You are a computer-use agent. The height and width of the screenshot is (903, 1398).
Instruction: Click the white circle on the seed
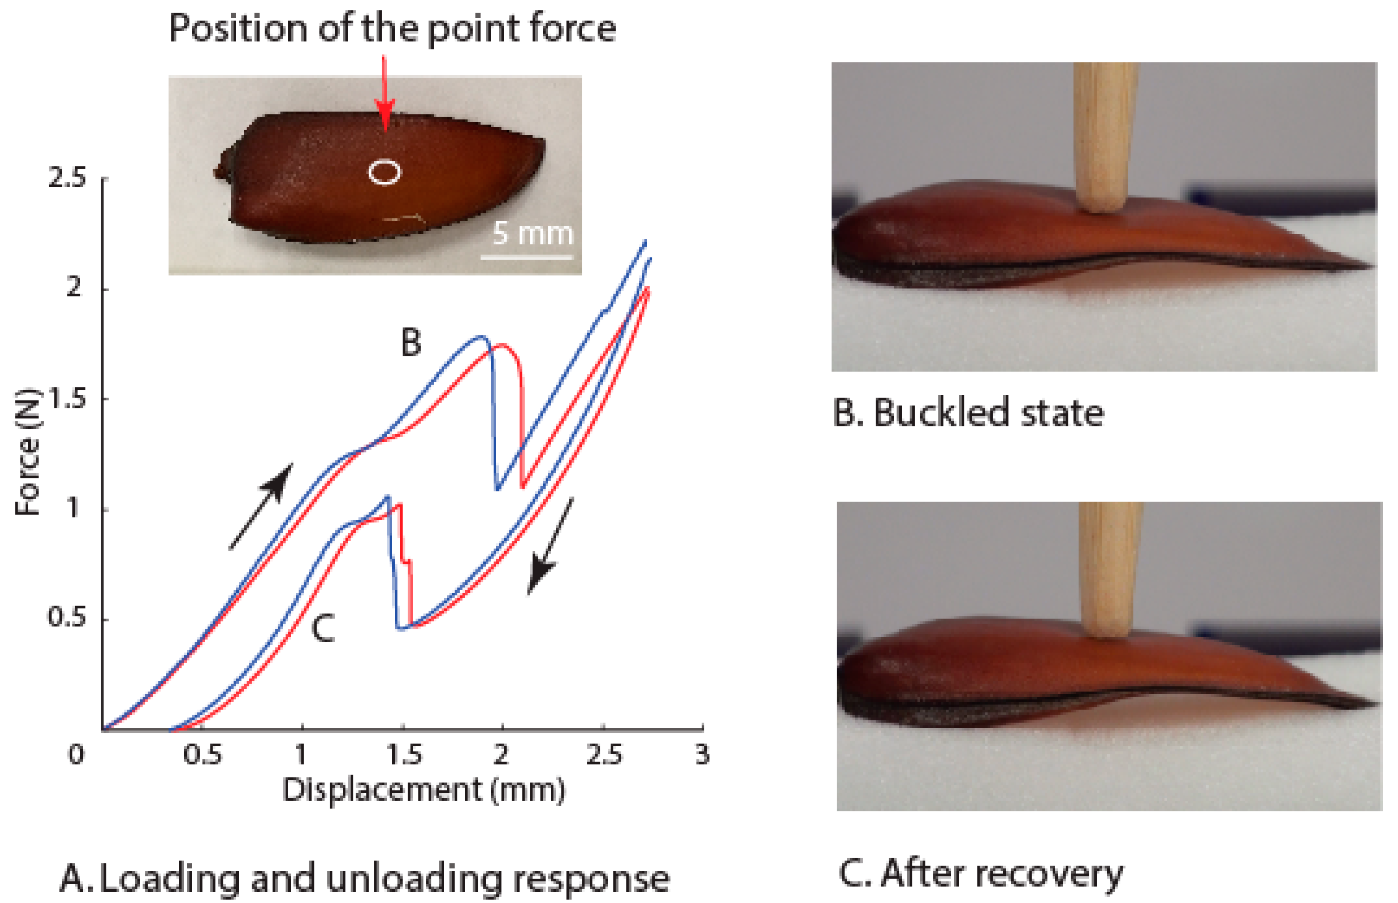pyautogui.click(x=384, y=172)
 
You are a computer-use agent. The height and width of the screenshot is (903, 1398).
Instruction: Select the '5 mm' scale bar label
pyautogui.click(x=532, y=233)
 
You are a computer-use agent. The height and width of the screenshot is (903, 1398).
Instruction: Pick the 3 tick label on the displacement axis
pyautogui.click(x=702, y=755)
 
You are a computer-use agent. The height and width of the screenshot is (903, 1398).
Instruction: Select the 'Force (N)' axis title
pyautogui.click(x=27, y=452)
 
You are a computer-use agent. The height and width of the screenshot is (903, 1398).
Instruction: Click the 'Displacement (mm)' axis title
pyautogui.click(x=423, y=790)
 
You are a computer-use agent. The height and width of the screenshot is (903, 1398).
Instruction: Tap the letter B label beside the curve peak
pyautogui.click(x=411, y=342)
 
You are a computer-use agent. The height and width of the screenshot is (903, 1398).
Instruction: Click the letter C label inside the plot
pyautogui.click(x=322, y=628)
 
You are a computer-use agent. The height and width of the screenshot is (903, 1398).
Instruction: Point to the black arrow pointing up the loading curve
pyautogui.click(x=261, y=505)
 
